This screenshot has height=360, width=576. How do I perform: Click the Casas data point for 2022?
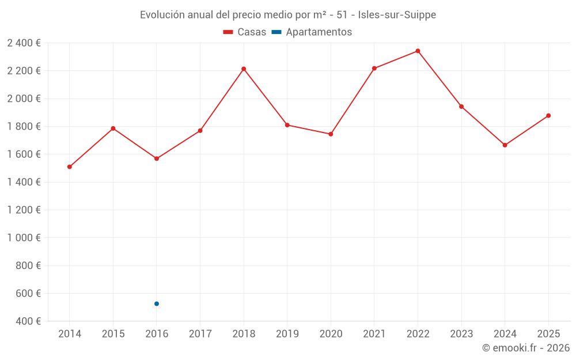tap(418, 51)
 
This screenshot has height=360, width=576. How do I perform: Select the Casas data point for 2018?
tap(244, 69)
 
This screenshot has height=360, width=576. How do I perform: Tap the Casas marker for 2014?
tap(70, 167)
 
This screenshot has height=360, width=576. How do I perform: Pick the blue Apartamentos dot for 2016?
tap(157, 304)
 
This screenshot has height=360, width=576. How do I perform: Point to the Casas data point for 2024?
tap(505, 145)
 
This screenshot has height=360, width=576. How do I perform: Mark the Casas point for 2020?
tap(331, 134)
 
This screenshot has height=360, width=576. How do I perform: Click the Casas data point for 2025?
tap(548, 116)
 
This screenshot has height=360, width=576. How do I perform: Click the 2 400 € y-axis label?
tap(24, 43)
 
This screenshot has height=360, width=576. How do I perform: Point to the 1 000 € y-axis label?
tap(24, 238)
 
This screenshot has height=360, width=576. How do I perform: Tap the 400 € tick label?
tap(27, 321)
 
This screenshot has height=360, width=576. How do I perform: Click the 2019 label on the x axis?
tap(287, 334)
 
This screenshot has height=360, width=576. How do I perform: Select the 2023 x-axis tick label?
tap(461, 334)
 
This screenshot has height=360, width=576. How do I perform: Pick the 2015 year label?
tap(113, 334)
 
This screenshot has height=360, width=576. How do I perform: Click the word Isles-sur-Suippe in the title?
tap(397, 15)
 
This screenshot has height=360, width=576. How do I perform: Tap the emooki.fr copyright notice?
tap(525, 348)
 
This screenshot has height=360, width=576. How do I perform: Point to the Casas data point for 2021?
tap(374, 69)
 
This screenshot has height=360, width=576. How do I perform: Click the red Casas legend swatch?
tap(228, 32)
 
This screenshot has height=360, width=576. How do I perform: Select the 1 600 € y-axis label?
tap(24, 154)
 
